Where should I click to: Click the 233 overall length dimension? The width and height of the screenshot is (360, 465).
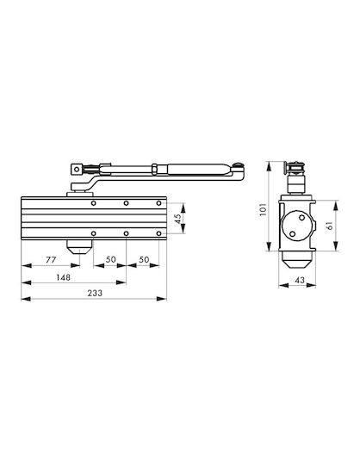[95, 293]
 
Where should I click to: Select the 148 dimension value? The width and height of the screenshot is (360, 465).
[64, 277]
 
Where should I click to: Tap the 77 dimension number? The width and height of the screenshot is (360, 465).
[51, 260]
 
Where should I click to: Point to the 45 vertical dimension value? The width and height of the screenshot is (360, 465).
[177, 219]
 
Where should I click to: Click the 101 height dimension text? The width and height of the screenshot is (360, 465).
[264, 209]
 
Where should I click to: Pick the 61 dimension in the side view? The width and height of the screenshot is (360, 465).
[329, 226]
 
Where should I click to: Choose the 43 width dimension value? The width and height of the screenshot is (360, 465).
[300, 280]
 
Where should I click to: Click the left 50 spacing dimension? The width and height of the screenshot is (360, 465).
[110, 259]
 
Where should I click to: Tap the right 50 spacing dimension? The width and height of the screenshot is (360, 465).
[144, 259]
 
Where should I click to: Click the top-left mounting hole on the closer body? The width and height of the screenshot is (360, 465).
[93, 203]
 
